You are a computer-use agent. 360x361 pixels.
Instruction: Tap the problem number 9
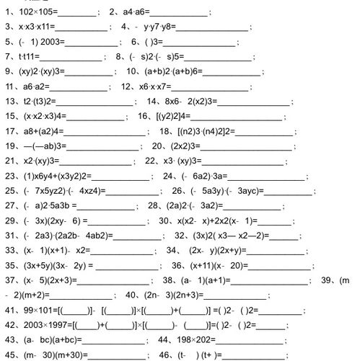click(x=8, y=71)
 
